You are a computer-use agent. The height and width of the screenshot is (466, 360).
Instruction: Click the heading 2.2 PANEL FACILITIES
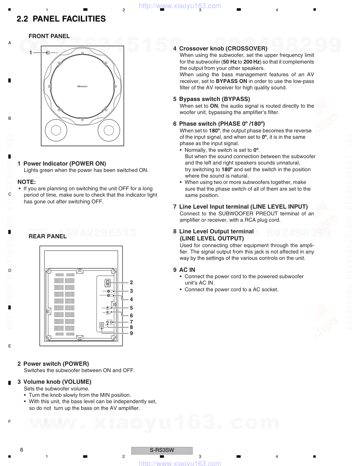pos(61,19)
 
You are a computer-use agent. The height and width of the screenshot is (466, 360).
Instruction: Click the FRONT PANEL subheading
pos(49,36)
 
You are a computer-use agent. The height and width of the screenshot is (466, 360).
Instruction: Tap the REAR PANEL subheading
pos(48,236)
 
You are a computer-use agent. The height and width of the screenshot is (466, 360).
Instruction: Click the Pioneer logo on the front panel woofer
pos(82,86)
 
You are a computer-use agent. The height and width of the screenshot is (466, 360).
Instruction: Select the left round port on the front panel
pos(56,130)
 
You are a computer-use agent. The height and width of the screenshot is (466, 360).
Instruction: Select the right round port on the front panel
pos(109,130)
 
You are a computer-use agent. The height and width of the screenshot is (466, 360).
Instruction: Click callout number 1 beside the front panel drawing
pos(31,53)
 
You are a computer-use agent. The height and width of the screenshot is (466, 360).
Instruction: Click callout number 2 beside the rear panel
pos(131,282)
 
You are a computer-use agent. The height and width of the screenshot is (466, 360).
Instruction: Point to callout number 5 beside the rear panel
pos(131,308)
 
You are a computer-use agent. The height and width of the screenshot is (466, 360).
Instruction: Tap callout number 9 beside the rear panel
pos(131,333)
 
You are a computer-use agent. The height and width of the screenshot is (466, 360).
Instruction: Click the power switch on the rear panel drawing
pos(108,282)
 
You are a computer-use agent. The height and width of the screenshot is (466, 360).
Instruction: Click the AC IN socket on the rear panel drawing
pos(102,325)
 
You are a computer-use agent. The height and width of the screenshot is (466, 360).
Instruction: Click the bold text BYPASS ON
pos(232,81)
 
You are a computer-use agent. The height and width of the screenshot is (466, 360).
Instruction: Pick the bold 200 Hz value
pos(251,62)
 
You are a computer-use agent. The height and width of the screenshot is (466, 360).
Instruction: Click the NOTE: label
pos(26,182)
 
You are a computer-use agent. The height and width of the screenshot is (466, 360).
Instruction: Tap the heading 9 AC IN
pos(184,270)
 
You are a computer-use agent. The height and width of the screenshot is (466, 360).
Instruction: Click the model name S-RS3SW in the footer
pos(162,450)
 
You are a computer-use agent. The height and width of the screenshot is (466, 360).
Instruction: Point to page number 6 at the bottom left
pos(22,450)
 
